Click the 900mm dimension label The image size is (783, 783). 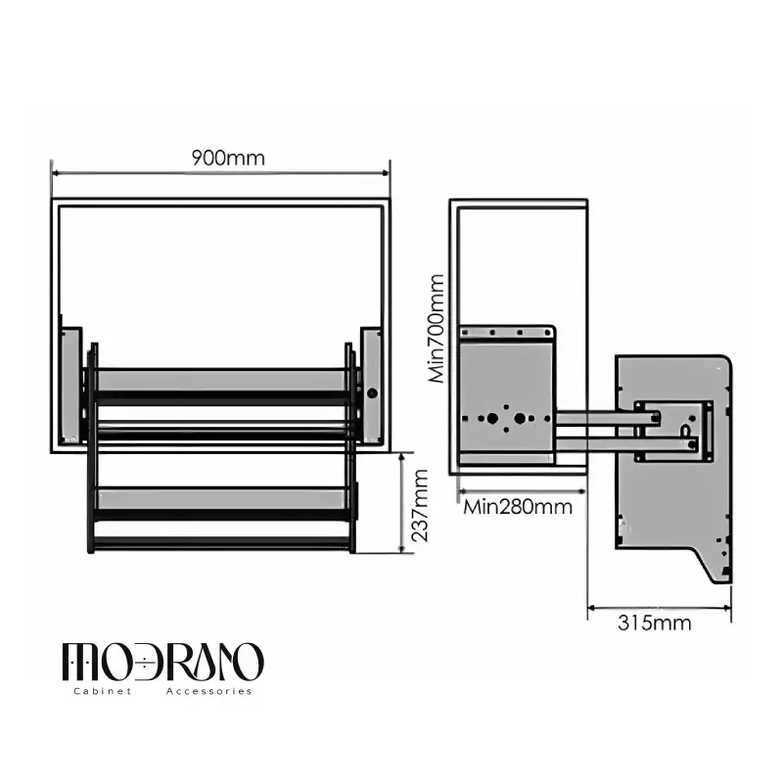click(228, 158)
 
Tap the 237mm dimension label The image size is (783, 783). click(421, 506)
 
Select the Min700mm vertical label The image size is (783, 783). click(437, 329)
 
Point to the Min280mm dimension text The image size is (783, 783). click(518, 507)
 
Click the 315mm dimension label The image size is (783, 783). click(655, 622)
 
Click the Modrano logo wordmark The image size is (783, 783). click(162, 663)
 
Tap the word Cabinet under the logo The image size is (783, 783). click(103, 691)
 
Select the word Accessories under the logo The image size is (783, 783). click(208, 691)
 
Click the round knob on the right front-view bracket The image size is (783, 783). click(372, 393)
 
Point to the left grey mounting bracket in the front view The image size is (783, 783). click(70, 386)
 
